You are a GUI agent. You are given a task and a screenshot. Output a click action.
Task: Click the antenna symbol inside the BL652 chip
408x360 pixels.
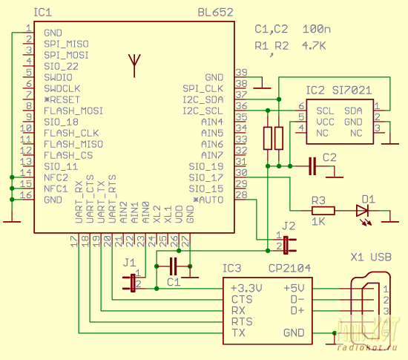tap(134, 65)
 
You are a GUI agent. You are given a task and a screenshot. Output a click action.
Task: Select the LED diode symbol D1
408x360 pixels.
tap(362, 211)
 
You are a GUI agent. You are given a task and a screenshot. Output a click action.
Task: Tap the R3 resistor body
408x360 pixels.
tap(323, 211)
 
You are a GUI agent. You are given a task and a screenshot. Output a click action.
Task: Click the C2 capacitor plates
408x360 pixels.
tap(312, 166)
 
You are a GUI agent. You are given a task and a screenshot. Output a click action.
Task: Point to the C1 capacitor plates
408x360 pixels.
tap(173, 266)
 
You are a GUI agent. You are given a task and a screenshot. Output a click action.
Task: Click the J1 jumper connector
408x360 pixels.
tap(133, 283)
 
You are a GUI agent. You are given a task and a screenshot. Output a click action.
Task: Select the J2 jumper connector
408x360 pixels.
tap(286, 245)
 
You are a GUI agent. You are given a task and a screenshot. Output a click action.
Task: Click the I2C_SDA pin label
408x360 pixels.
tap(203, 99)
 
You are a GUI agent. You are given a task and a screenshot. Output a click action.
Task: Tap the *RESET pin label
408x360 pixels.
tap(62, 99)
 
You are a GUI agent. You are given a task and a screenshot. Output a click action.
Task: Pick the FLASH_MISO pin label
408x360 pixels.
tap(73, 144)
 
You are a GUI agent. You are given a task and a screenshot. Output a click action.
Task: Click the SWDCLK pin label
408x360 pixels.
tap(62, 88)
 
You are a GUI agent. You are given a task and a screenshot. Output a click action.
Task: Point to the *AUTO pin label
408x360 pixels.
tap(208, 200)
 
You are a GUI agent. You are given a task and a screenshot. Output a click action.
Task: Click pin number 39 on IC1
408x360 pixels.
tap(241, 72)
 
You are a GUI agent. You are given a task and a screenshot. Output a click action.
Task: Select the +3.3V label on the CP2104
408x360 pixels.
tap(246, 288)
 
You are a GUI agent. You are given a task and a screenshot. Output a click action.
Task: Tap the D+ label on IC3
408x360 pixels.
tap(297, 310)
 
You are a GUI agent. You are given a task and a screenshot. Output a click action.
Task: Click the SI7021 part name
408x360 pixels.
tap(352, 91)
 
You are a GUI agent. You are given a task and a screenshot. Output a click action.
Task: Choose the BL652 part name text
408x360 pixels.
tap(215, 13)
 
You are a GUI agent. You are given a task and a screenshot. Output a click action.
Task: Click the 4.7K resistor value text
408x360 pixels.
tap(314, 46)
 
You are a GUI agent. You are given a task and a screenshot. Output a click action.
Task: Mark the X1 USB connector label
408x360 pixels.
tap(371, 257)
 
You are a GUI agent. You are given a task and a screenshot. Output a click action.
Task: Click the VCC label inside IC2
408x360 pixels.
tap(325, 122)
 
